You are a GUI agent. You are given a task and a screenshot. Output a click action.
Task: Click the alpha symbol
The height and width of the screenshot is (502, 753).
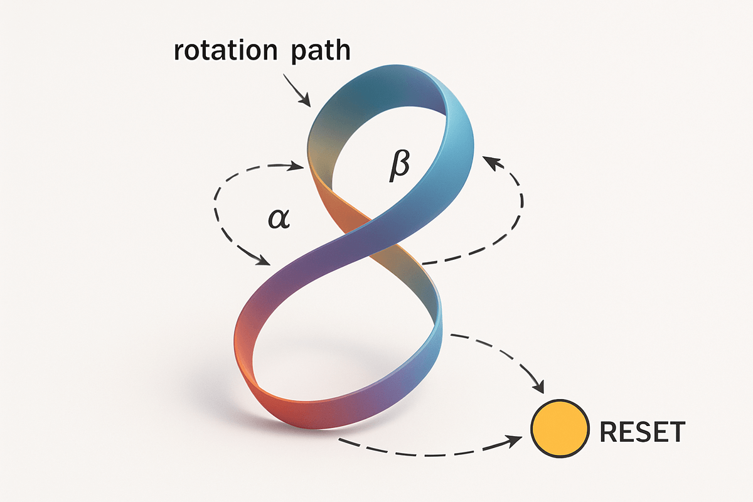click(x=278, y=220)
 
